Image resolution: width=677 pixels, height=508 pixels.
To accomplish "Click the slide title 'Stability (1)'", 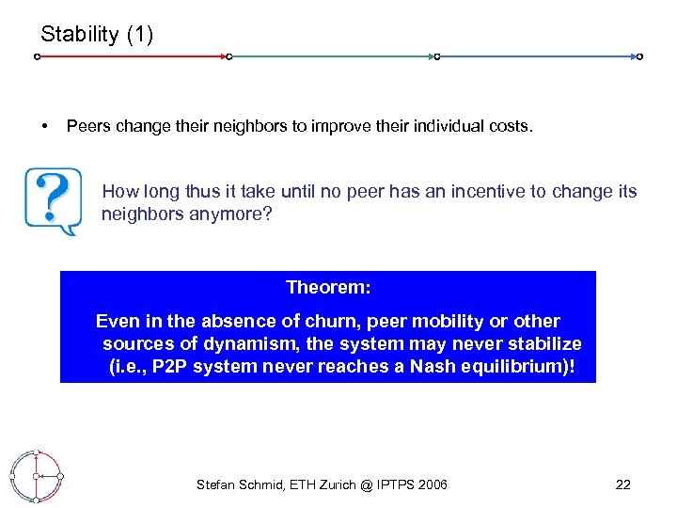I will [96, 35].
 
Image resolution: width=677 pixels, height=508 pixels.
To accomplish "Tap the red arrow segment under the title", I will [132, 56].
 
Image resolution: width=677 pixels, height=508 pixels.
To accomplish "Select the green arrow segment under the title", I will [333, 56].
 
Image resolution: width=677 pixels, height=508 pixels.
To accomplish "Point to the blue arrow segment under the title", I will [538, 56].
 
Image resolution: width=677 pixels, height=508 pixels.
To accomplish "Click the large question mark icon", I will [55, 199].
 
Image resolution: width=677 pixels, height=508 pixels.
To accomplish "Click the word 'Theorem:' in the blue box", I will [327, 286].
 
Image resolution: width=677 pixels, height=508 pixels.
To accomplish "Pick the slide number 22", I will [622, 484].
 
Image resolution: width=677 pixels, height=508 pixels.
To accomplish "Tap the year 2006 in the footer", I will [432, 484].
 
